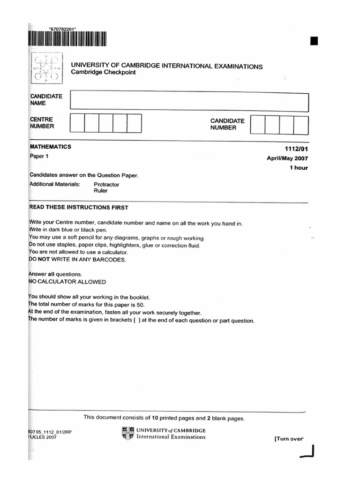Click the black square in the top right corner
tap(314, 41)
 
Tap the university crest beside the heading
tap(45, 68)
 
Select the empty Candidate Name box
tap(189, 102)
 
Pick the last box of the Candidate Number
tap(301, 125)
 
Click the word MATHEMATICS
tap(51, 147)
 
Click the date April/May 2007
tap(287, 158)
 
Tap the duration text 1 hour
tap(299, 168)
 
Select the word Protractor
tap(106, 185)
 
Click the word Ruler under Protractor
tap(101, 191)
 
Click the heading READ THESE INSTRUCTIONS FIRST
tap(79, 208)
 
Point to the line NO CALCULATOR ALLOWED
tap(67, 282)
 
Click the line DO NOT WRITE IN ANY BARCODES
tap(77, 260)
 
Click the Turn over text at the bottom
tap(289, 439)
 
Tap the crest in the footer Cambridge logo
tap(127, 434)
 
